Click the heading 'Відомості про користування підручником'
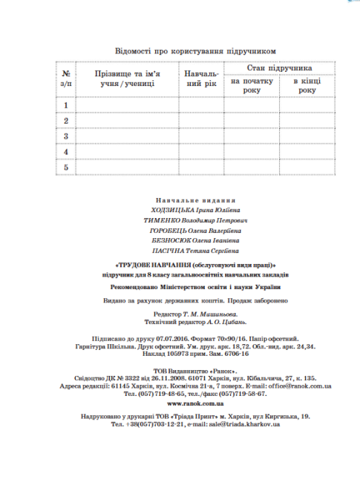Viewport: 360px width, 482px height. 196,51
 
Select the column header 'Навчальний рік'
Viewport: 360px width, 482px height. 201,79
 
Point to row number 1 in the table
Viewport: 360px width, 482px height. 66,105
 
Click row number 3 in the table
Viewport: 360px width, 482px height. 66,136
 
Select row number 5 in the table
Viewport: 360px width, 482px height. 66,168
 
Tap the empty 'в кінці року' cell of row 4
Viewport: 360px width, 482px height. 307,152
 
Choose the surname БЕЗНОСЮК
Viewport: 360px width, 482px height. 170,240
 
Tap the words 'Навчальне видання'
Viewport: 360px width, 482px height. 196,200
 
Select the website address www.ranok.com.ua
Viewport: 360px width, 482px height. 196,403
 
